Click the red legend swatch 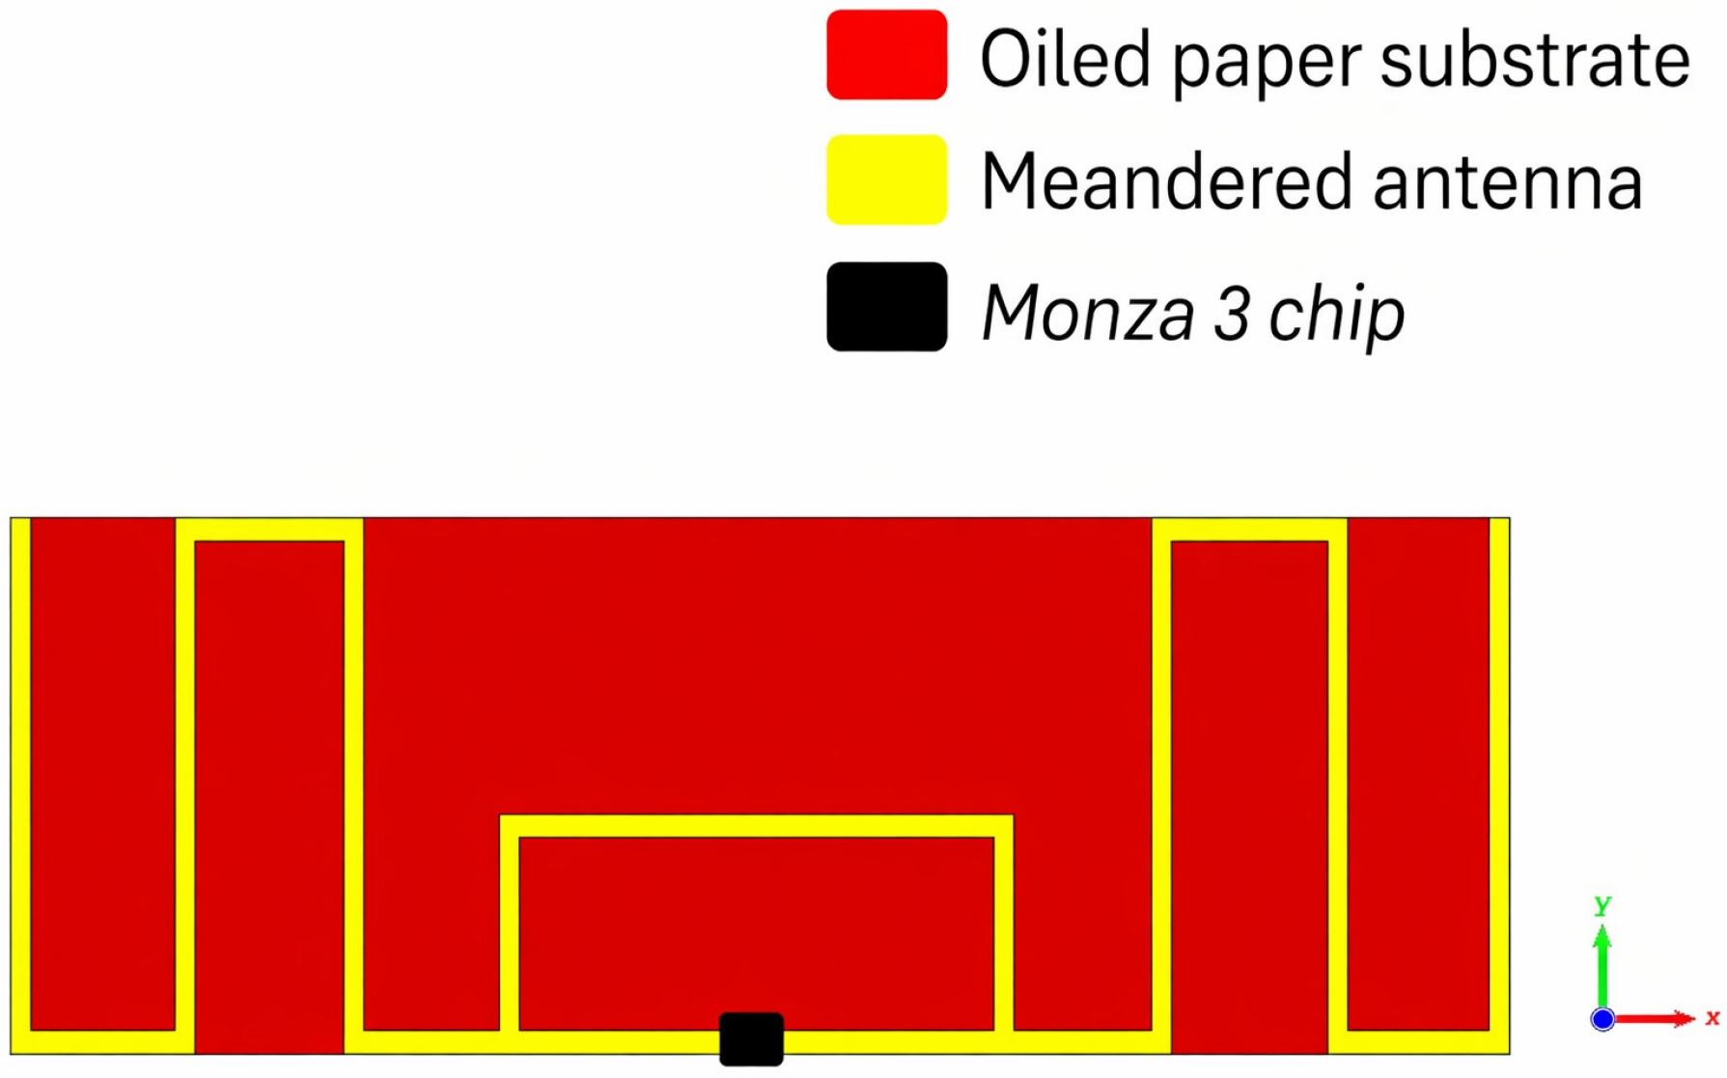886,55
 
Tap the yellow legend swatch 886,180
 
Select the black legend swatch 886,307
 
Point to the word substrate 1534,59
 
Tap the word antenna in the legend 1507,183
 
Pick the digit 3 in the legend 1231,314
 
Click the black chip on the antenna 751,1039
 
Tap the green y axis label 1602,904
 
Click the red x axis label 1712,1017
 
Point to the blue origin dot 1602,1019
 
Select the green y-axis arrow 1602,965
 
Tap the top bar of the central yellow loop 756,826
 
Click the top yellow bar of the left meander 269,530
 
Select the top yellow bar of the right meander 1249,530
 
